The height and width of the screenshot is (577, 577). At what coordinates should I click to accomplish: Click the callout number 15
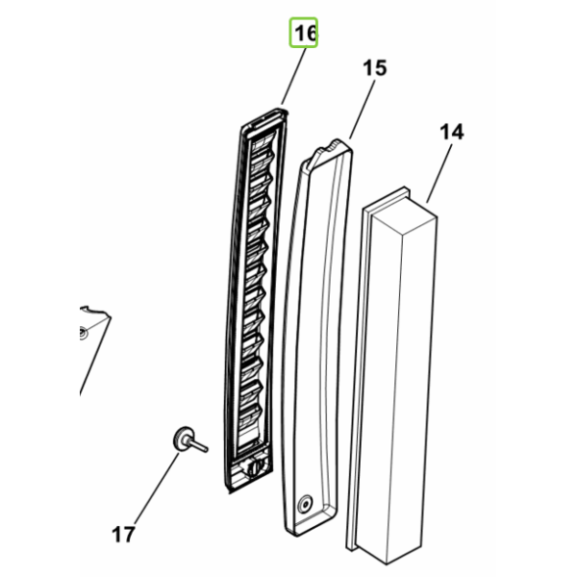tap(375, 68)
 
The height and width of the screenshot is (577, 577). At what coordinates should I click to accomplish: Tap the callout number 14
tap(452, 132)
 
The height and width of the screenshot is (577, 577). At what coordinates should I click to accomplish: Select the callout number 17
tap(123, 535)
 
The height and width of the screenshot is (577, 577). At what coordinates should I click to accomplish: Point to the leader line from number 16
tap(293, 77)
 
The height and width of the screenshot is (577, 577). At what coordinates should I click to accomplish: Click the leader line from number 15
tap(363, 110)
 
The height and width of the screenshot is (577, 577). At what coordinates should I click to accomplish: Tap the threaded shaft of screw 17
tap(200, 445)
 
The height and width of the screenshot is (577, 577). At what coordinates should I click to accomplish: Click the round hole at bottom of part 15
tap(305, 503)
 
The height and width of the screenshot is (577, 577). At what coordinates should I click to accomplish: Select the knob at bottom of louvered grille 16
tap(254, 465)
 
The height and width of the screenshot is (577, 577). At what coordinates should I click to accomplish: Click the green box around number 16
tap(304, 33)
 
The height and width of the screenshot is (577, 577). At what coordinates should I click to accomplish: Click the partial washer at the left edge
tap(83, 334)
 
